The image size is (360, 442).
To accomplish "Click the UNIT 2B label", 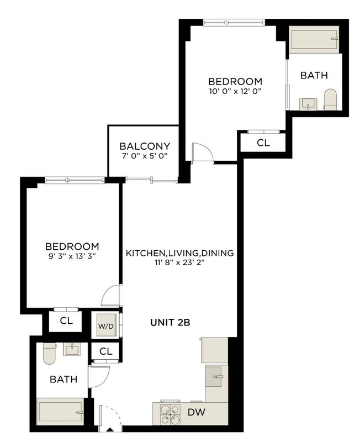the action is (x=170, y=322).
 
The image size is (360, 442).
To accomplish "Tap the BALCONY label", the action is (x=145, y=146).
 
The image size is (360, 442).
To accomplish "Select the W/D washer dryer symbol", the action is (x=106, y=326).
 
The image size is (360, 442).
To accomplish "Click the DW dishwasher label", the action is (x=197, y=412).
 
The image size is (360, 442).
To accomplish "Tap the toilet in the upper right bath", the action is (x=330, y=100).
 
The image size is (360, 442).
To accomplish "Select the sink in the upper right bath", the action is (x=308, y=104).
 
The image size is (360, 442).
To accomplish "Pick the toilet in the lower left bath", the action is (x=50, y=354).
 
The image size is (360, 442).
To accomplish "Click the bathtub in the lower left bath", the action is (x=60, y=412).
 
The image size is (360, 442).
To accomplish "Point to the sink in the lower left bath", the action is (x=72, y=349).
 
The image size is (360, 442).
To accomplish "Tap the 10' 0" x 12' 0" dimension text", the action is (x=235, y=91).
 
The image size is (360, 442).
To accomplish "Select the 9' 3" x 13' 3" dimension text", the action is (x=72, y=256).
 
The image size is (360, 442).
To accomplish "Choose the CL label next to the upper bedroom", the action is (x=263, y=143).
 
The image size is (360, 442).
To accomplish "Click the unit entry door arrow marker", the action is (x=110, y=430).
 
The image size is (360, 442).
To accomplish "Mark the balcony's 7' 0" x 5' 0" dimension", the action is (x=145, y=156).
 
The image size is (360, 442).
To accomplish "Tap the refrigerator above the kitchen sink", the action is (x=214, y=350).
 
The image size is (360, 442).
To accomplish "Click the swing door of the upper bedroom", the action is (x=202, y=152).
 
